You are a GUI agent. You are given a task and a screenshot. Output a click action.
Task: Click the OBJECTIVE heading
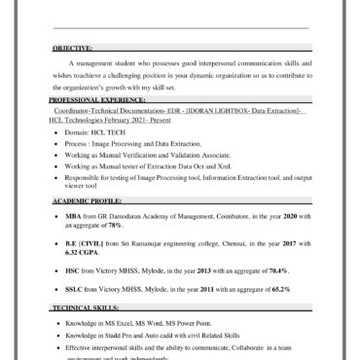tap(74, 47)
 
